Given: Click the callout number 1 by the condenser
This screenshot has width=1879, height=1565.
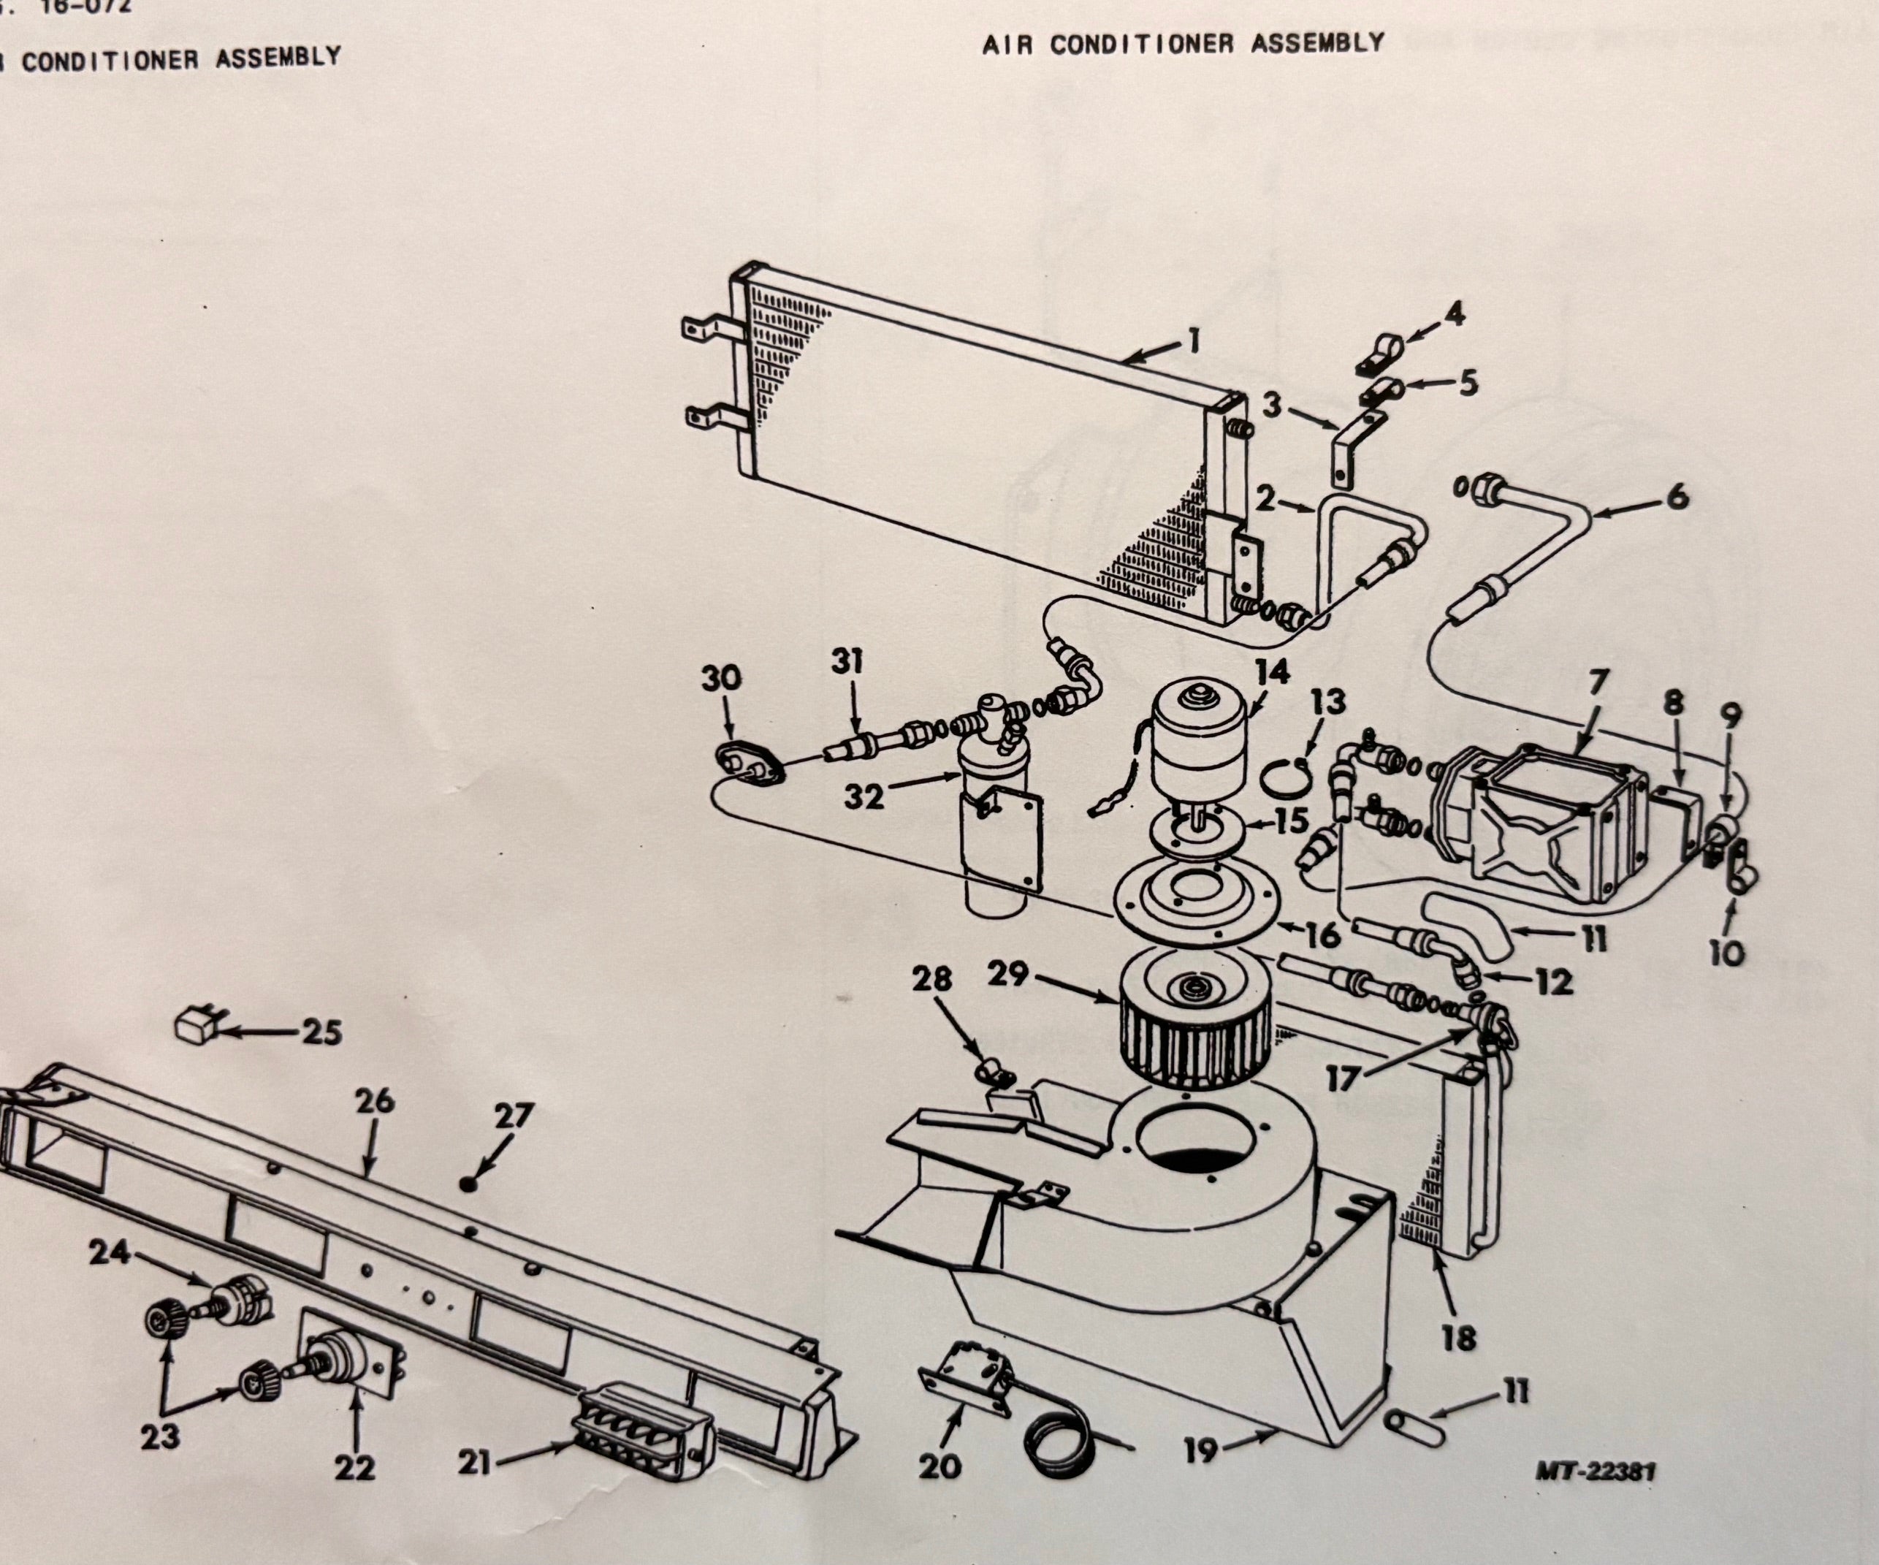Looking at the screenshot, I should [1194, 342].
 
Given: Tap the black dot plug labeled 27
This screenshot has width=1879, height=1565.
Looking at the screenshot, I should [467, 1184].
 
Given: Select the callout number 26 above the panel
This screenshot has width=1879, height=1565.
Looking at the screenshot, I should [374, 1103].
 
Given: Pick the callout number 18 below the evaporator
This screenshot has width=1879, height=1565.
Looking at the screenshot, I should [1458, 1339].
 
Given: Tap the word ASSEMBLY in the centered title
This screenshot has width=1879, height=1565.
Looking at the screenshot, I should [1317, 43].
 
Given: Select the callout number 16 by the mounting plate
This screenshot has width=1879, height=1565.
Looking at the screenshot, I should [1322, 936].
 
